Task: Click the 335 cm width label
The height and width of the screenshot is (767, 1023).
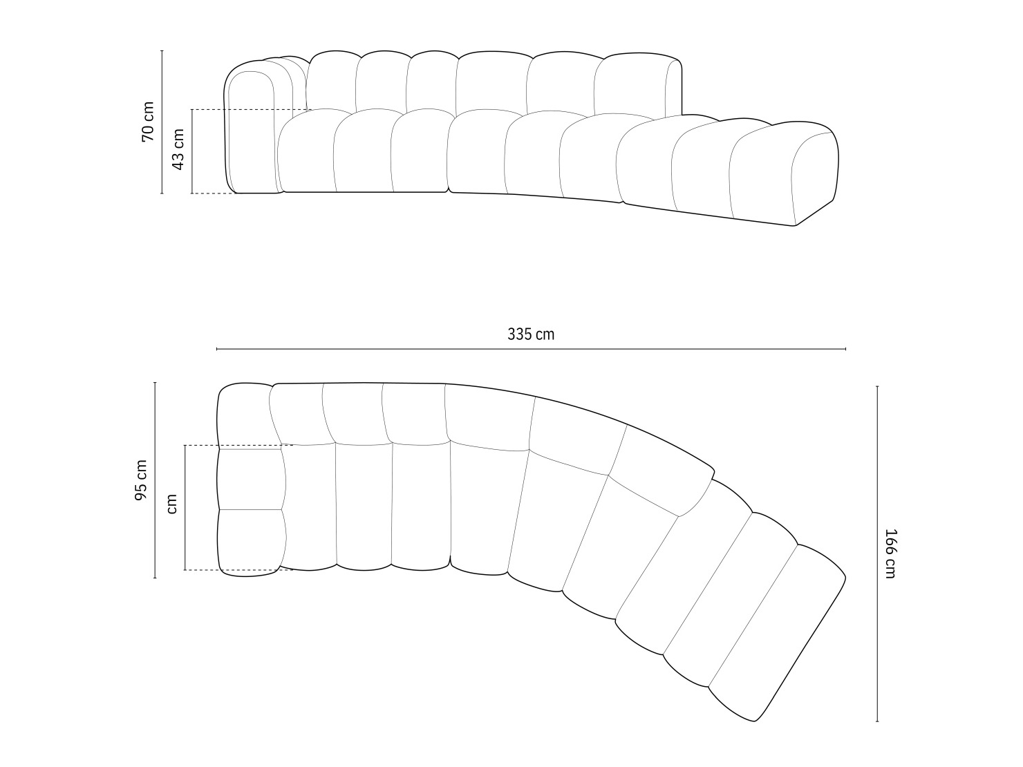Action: point(531,334)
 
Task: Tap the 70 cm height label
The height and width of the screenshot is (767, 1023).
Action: point(148,122)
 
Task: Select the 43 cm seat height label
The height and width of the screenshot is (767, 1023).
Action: point(178,149)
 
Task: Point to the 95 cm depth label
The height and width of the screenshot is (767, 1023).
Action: point(141,480)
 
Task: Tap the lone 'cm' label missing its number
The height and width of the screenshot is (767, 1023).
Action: point(172,504)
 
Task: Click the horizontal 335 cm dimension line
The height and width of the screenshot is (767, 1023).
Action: point(531,349)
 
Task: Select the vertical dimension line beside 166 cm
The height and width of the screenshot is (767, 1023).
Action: point(877,553)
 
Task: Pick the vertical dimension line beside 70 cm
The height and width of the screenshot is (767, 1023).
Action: point(162,122)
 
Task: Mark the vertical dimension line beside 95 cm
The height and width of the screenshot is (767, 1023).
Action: point(155,480)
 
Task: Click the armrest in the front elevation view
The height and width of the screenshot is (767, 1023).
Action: point(250,131)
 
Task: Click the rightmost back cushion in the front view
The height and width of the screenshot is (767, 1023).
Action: point(636,83)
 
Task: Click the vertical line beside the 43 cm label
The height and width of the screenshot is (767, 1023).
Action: point(192,151)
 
